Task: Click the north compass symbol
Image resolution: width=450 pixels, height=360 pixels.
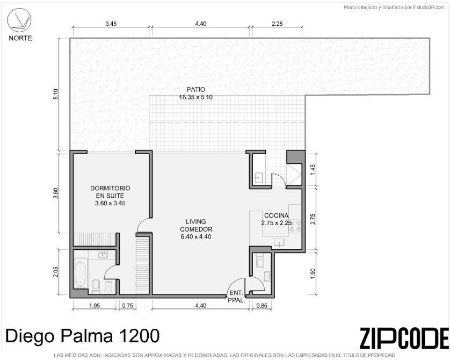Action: [x=19, y=19]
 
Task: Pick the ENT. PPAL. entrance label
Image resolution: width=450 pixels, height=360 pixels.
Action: [x=236, y=297]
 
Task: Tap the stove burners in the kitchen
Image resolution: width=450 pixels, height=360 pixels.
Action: [x=295, y=226]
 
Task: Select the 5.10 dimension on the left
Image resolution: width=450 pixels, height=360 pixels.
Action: [x=56, y=94]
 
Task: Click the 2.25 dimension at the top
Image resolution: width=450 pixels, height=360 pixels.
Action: [x=277, y=24]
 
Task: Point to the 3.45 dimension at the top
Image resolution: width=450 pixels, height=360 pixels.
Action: [x=111, y=24]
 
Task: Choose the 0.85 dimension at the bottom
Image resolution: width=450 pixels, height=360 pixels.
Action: [x=262, y=305]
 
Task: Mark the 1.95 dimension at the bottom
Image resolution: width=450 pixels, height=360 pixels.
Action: [x=95, y=305]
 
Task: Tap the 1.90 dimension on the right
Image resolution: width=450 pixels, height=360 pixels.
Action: [x=313, y=273]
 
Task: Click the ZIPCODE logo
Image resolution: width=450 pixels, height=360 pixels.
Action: [x=404, y=337]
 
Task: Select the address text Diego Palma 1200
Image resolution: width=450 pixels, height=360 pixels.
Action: [x=82, y=336]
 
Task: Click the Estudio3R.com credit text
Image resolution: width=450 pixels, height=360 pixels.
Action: [x=394, y=8]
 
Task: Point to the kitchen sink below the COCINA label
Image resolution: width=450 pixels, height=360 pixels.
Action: [x=279, y=242]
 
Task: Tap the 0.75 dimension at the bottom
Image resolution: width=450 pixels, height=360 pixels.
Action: [x=127, y=305]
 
